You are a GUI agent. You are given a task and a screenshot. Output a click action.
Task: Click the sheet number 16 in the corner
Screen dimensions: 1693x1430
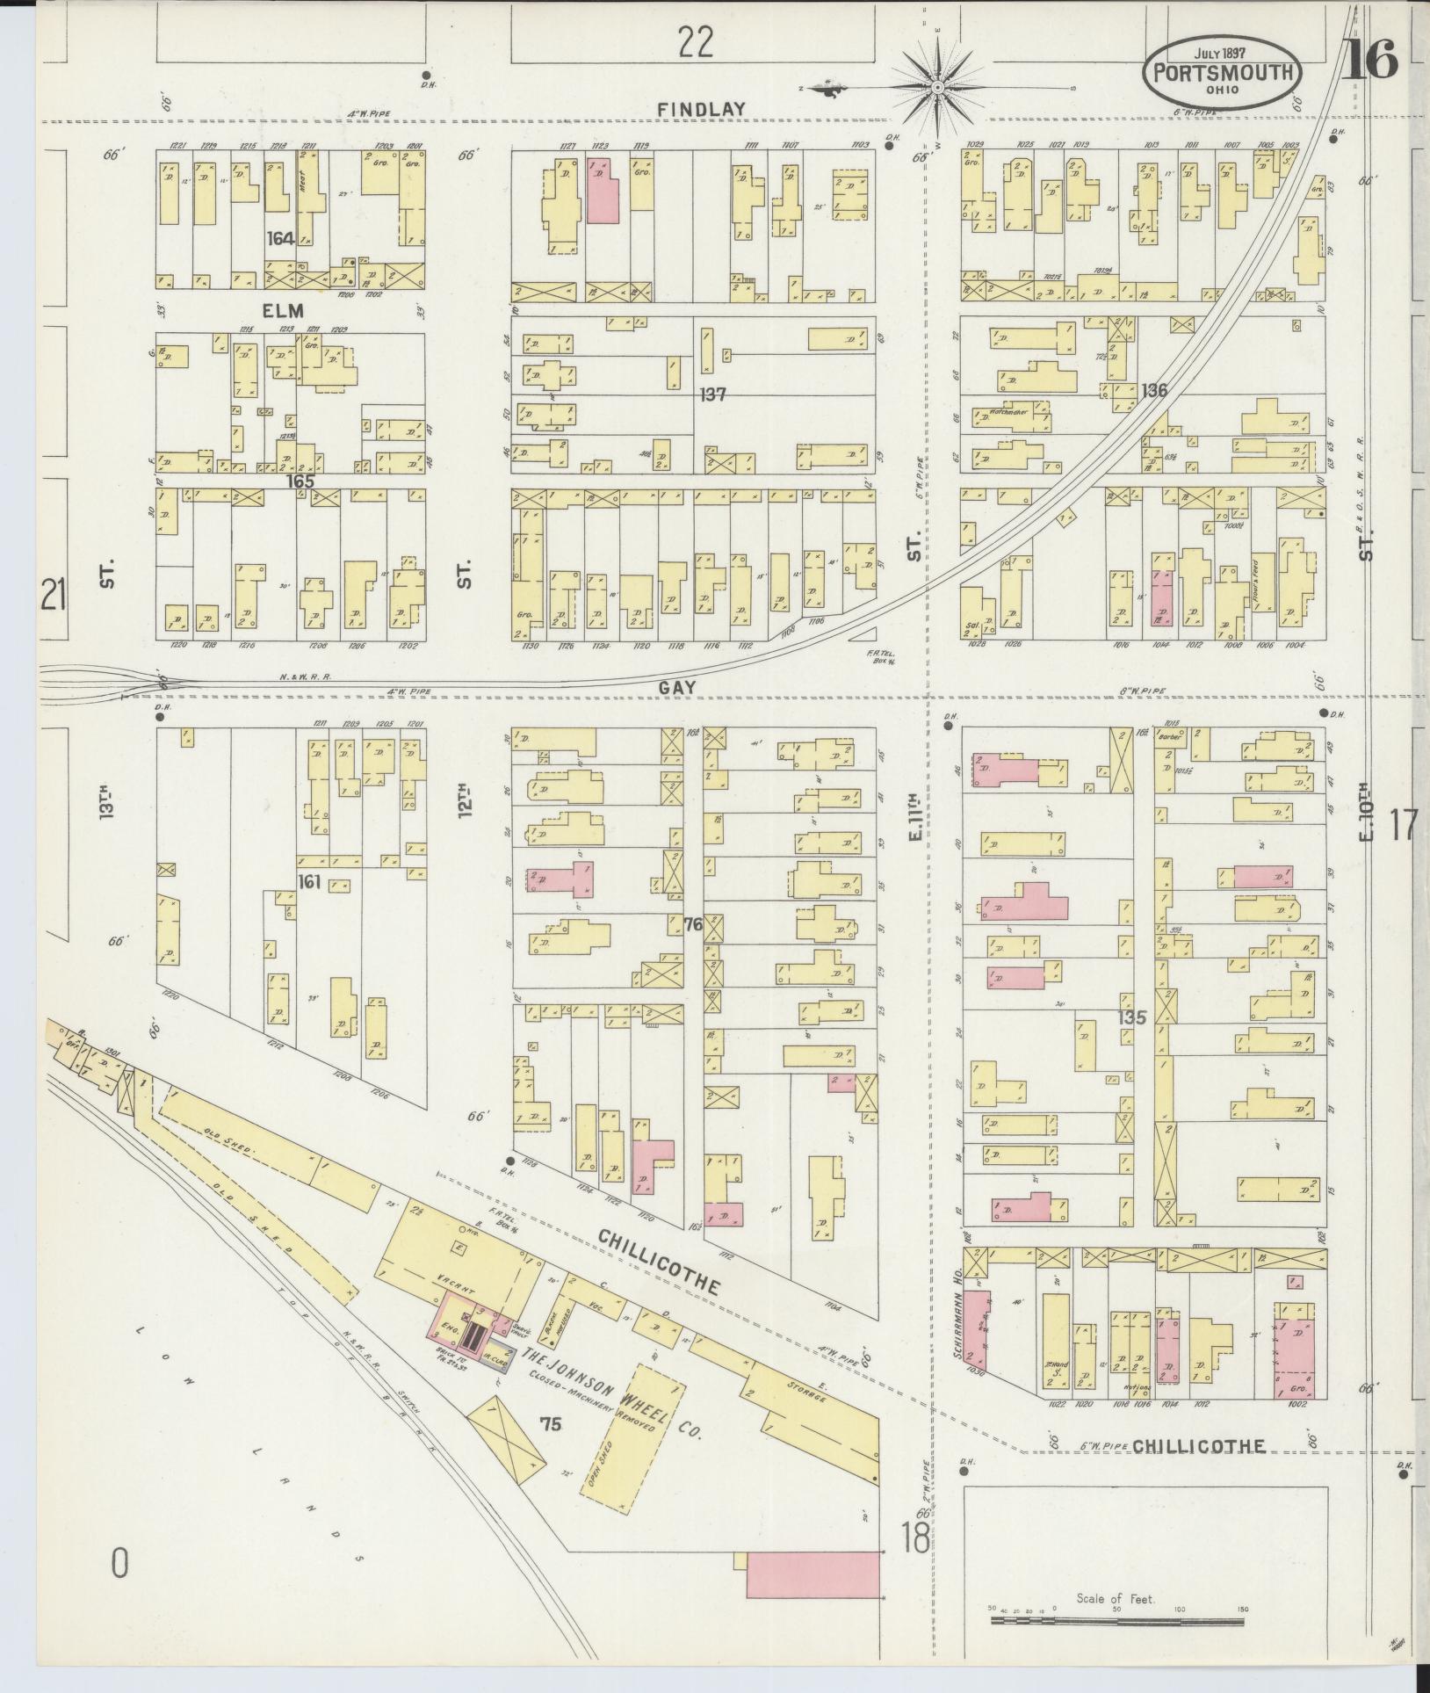[1369, 61]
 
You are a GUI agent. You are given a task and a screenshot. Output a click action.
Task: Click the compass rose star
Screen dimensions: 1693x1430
[937, 87]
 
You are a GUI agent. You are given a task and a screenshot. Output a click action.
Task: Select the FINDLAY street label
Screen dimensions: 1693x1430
[703, 110]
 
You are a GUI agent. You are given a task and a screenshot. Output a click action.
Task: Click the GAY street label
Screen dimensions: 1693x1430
[676, 689]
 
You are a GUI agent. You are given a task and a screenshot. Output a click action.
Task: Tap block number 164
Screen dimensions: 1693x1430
[280, 238]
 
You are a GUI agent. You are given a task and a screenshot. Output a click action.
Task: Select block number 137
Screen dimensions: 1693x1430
[712, 394]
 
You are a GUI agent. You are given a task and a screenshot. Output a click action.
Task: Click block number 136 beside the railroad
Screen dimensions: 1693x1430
[1153, 390]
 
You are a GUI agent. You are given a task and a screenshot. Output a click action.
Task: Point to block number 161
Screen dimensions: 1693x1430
[307, 880]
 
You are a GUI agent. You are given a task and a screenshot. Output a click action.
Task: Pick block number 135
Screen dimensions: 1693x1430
[1132, 1017]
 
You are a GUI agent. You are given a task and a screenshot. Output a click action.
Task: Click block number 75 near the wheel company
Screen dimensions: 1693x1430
[551, 1425]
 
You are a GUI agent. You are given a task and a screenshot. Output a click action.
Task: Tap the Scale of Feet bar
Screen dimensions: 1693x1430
[1116, 1617]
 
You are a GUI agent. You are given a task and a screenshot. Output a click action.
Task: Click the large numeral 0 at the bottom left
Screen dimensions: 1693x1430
[120, 1563]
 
